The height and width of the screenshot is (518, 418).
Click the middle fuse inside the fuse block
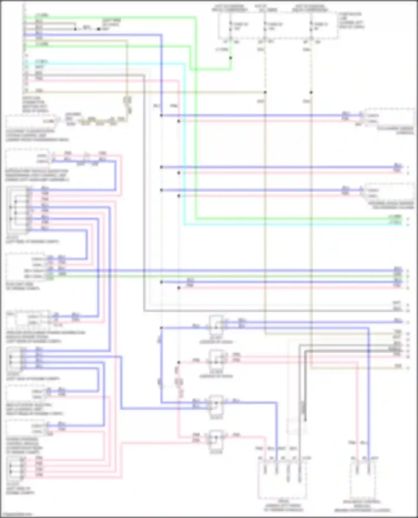coord(265,26)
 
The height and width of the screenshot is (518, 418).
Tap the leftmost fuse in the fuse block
coord(230,26)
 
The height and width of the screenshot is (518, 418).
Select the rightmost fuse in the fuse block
coord(311,26)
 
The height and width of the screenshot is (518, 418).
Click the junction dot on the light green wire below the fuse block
coord(230,58)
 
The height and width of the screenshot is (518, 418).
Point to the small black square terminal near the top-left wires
coord(98,29)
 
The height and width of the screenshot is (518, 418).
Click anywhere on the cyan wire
coord(184,139)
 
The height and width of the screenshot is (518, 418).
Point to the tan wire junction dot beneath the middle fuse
coord(265,92)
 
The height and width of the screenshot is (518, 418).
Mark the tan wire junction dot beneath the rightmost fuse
coord(311,92)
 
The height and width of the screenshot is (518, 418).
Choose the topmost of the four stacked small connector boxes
coord(216,324)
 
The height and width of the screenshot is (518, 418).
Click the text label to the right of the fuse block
coord(351,21)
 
